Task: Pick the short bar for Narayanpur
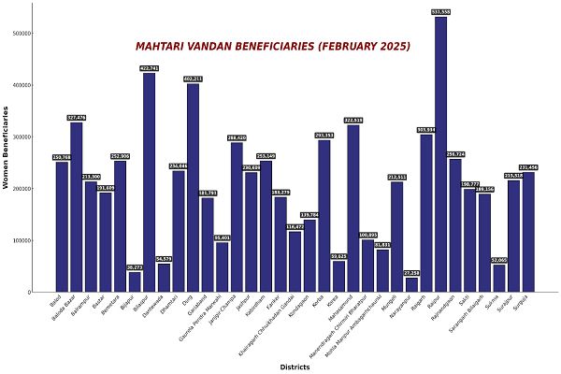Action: [x=411, y=284]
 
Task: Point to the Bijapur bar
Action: [x=135, y=281]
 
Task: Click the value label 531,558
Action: [x=440, y=12]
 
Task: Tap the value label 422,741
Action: [x=149, y=68]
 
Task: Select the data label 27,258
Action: [x=411, y=273]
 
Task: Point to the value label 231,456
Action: [x=528, y=167]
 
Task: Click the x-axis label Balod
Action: [x=56, y=302]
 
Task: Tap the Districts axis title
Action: [x=295, y=367]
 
